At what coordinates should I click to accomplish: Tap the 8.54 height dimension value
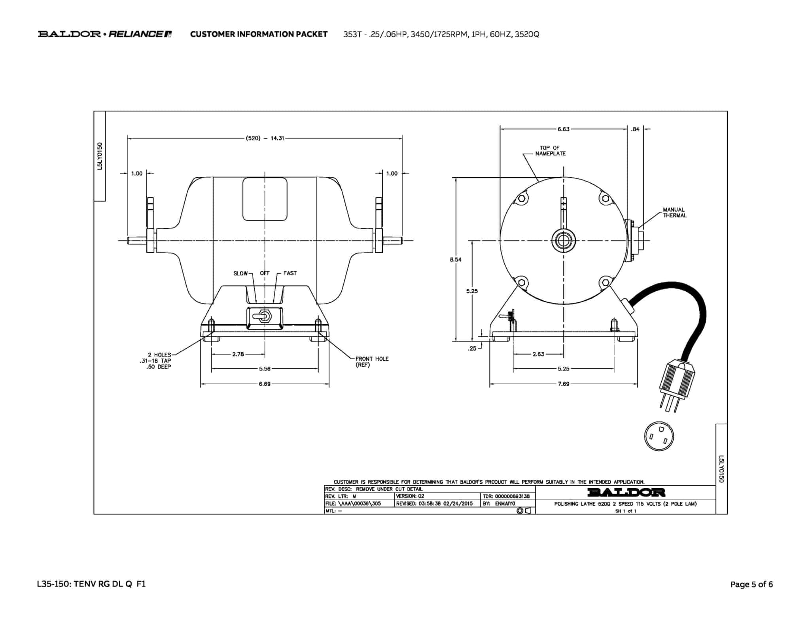(456, 260)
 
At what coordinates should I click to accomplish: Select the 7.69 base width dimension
(564, 384)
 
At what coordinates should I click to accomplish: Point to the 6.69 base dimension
(265, 384)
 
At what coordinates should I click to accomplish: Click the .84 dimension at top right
(635, 129)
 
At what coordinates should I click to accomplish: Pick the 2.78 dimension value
(238, 354)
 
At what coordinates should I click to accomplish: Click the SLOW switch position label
(240, 273)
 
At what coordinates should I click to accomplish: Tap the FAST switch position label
(290, 273)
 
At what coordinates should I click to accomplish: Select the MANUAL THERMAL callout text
(675, 212)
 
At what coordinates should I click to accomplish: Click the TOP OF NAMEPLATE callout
(550, 151)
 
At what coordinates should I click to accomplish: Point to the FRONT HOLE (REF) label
(372, 362)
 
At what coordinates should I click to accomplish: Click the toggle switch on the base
(265, 317)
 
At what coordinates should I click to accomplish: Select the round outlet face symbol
(659, 437)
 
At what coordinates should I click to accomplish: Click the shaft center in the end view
(564, 240)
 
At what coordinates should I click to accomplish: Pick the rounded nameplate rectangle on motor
(265, 199)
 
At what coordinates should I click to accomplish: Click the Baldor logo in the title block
(626, 493)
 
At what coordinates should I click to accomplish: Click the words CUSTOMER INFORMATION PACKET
(259, 34)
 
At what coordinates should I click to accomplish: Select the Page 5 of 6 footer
(751, 584)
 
